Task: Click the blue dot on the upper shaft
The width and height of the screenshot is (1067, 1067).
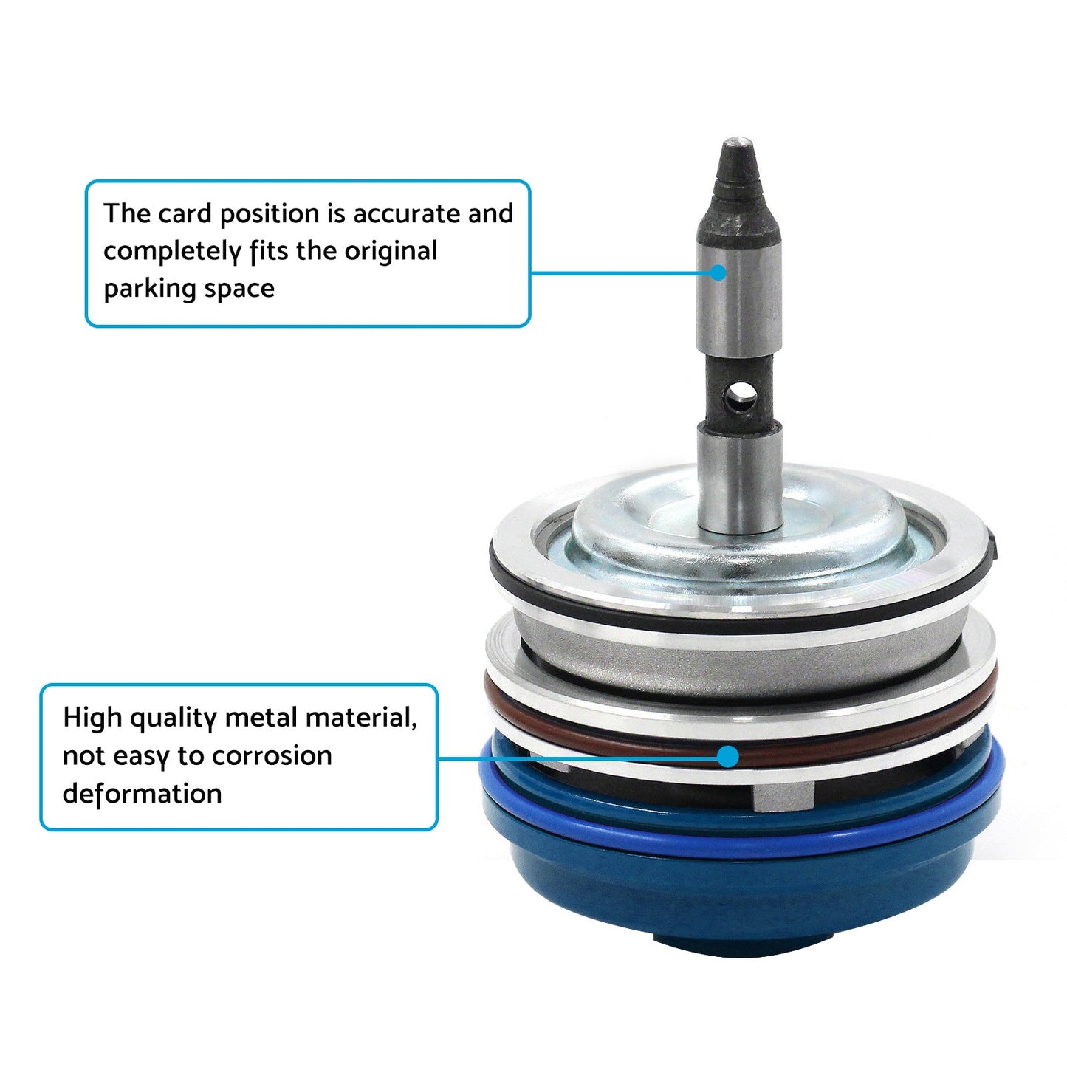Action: [718, 272]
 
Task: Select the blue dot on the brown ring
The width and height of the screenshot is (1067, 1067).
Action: [727, 756]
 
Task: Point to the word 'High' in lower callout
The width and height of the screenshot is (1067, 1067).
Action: [92, 718]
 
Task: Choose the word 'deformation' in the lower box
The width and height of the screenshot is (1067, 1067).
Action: [143, 794]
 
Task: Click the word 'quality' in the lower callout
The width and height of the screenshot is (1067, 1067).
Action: [174, 718]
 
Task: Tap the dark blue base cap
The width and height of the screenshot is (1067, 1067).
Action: [738, 901]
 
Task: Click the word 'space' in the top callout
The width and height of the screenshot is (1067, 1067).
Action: [239, 289]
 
